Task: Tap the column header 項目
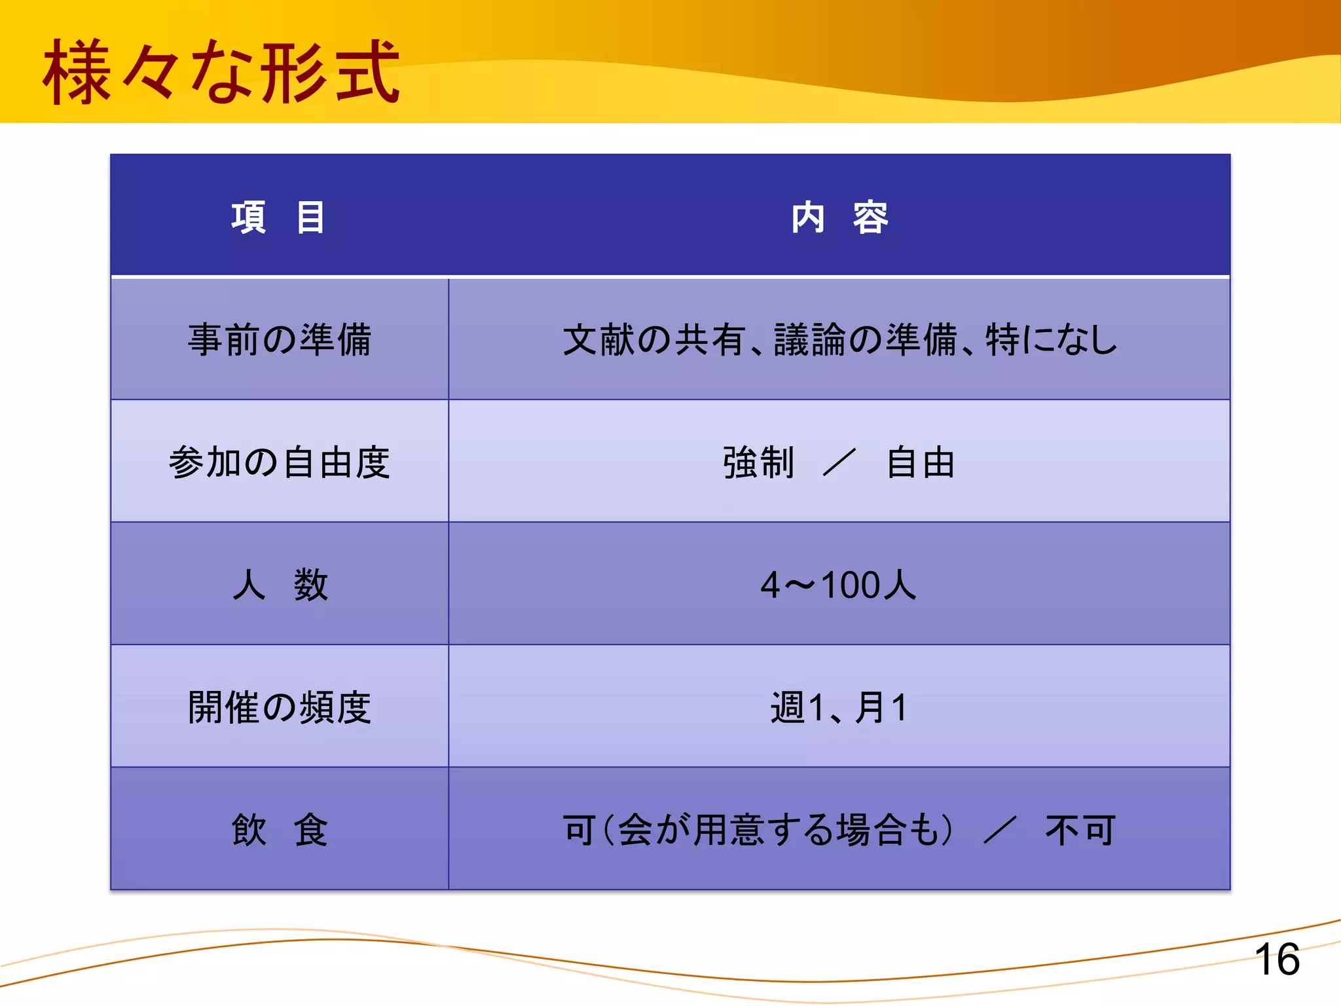(x=278, y=217)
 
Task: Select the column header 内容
(x=839, y=217)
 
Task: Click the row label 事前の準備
(x=280, y=340)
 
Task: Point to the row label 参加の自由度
(x=280, y=462)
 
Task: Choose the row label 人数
(x=280, y=585)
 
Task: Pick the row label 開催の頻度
(x=280, y=707)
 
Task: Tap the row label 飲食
(x=280, y=830)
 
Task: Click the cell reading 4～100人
(x=839, y=585)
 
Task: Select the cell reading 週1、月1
(x=839, y=707)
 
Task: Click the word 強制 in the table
(x=758, y=462)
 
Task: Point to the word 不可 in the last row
(x=1080, y=830)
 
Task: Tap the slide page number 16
(x=1277, y=959)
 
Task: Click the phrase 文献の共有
(x=653, y=340)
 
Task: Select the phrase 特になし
(x=1052, y=340)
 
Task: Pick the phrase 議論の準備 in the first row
(x=866, y=340)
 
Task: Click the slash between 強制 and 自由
(x=839, y=462)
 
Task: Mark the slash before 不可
(x=1000, y=830)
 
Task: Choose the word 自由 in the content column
(x=921, y=462)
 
